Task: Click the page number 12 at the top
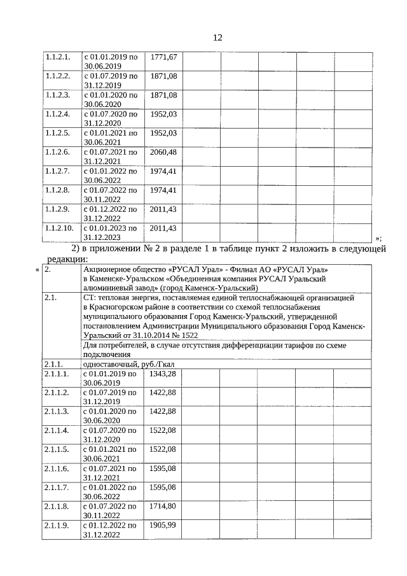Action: [x=217, y=38]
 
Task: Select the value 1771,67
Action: [x=163, y=57]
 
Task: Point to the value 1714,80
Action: [x=162, y=506]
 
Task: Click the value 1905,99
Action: [x=162, y=525]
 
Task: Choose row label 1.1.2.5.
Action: [x=58, y=133]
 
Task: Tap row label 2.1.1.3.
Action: [x=58, y=411]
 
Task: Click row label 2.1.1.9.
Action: [x=58, y=525]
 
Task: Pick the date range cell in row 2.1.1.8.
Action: [x=111, y=510]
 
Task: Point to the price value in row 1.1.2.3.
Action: [x=163, y=95]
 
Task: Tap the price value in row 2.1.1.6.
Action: [x=162, y=468]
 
